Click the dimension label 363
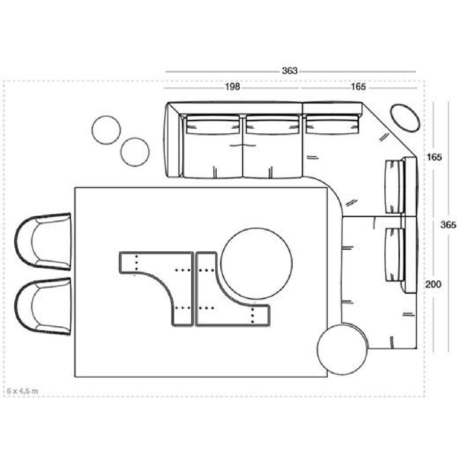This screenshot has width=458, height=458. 290,71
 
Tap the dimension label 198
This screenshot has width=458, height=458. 233,87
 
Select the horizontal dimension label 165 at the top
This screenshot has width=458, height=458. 358,87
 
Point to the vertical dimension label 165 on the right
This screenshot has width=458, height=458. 435,157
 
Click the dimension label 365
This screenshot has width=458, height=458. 448,224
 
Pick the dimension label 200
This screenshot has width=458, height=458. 433,284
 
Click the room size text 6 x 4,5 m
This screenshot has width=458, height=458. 22,391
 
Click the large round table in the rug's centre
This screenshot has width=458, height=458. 256,264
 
